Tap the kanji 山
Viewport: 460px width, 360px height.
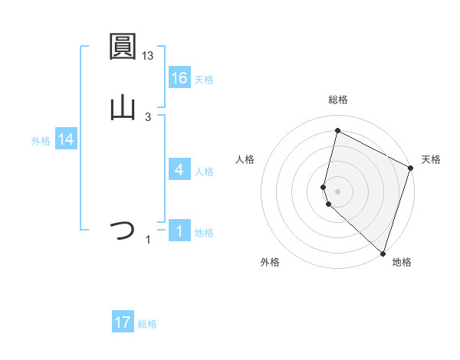123,108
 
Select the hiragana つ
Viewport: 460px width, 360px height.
123,231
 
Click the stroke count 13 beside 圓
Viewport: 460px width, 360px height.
149,55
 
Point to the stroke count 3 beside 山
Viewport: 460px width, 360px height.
147,116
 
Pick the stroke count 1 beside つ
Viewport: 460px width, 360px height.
148,240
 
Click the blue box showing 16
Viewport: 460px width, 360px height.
179,77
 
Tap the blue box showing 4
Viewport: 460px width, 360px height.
179,170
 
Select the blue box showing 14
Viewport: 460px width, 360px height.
66,139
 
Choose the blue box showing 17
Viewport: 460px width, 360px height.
123,322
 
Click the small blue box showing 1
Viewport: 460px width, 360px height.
179,231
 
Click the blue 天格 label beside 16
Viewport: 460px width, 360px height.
204,79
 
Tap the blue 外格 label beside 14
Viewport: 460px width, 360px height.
41,140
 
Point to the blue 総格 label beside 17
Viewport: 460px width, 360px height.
147,324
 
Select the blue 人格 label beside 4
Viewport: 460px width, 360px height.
204,171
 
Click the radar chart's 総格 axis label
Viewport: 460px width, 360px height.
338,100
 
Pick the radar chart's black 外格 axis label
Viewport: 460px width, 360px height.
270,262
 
